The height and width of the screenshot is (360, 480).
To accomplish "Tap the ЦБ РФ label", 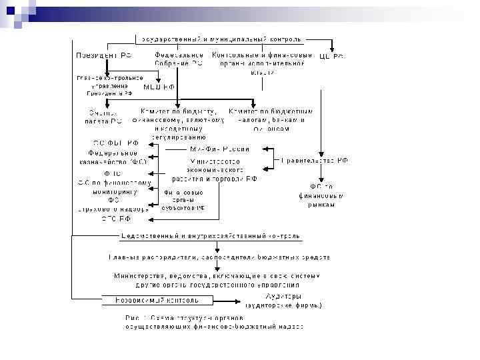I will (331, 56).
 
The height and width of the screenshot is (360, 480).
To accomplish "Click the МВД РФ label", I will (160, 87).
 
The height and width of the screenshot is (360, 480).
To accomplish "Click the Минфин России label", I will (220, 149).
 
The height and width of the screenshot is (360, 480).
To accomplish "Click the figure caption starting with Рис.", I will (215, 322).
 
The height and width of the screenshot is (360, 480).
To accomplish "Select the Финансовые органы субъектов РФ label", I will (183, 199).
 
